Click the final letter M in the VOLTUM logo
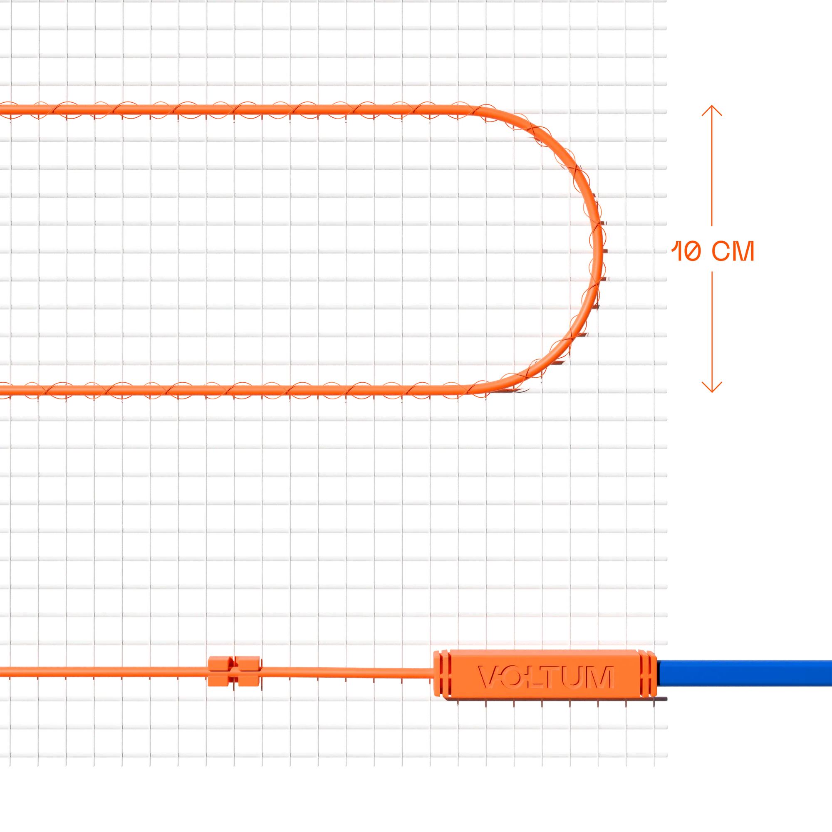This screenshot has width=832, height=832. pos(600,677)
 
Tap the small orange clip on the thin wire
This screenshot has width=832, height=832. pos(234,671)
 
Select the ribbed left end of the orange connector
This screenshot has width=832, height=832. pos(442,674)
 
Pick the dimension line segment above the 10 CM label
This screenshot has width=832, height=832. pos(712,166)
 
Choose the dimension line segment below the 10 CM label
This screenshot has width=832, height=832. pos(712,332)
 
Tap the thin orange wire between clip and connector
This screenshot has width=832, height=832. pos(347,672)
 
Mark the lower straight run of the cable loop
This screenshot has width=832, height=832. pos(233,391)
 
